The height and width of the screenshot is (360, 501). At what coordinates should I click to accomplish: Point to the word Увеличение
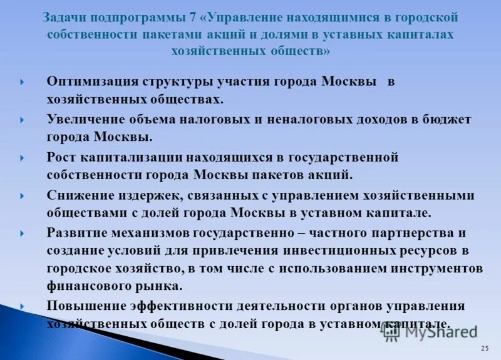click(84, 119)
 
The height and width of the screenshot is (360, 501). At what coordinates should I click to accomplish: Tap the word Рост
click(61, 157)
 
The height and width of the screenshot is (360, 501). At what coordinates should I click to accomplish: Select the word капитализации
click(127, 157)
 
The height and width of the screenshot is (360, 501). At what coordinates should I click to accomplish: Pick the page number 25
click(485, 347)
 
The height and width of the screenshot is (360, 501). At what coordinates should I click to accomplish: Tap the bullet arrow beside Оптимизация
click(23, 82)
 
